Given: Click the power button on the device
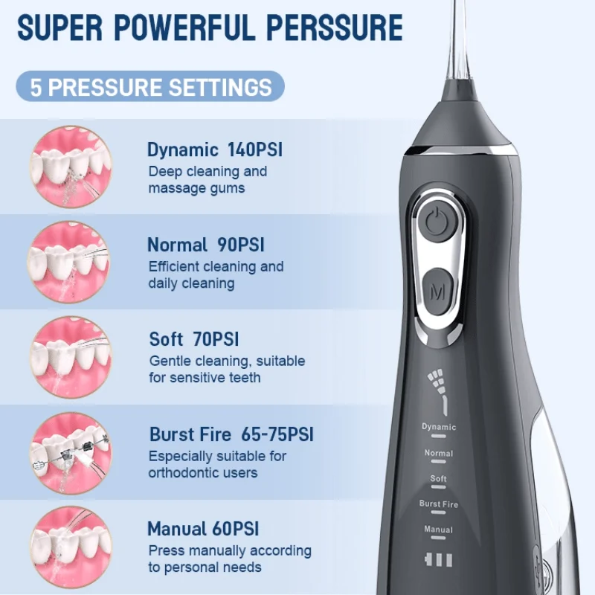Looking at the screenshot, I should (432, 220).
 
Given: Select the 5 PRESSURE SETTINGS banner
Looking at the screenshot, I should (150, 86).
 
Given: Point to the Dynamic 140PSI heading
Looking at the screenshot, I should (214, 149).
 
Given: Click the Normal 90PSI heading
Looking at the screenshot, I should (205, 244).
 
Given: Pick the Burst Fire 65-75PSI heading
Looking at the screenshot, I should (231, 434).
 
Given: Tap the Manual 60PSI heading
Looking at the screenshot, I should (203, 529).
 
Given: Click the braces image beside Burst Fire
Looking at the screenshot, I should (71, 447).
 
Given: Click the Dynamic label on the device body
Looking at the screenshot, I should (438, 427).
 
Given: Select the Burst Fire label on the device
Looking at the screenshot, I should (438, 504).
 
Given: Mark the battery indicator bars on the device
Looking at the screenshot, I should (438, 559).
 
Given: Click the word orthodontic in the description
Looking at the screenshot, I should (181, 473).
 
